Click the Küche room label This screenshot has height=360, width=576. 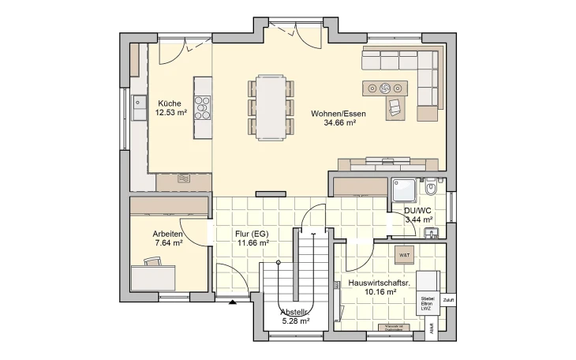[170, 103]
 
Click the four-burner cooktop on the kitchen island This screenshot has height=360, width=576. [203, 107]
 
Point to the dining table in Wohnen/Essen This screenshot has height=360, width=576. [270, 106]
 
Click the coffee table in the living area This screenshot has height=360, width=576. [386, 87]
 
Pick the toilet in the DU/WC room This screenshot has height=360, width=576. [432, 189]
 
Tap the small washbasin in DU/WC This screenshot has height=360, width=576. [431, 232]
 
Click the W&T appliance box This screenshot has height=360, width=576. [404, 255]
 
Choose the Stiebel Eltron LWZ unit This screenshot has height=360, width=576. [428, 303]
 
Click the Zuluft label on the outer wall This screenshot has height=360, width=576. [448, 301]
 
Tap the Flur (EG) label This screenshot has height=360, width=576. [252, 234]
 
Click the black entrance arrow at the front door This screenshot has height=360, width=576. [232, 302]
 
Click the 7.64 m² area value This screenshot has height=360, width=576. [168, 243]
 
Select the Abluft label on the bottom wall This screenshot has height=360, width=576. [431, 332]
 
